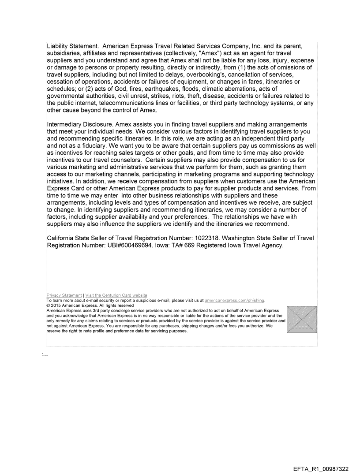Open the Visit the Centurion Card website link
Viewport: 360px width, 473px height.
[x=110, y=295]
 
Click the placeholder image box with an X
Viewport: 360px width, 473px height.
[x=301, y=319]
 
